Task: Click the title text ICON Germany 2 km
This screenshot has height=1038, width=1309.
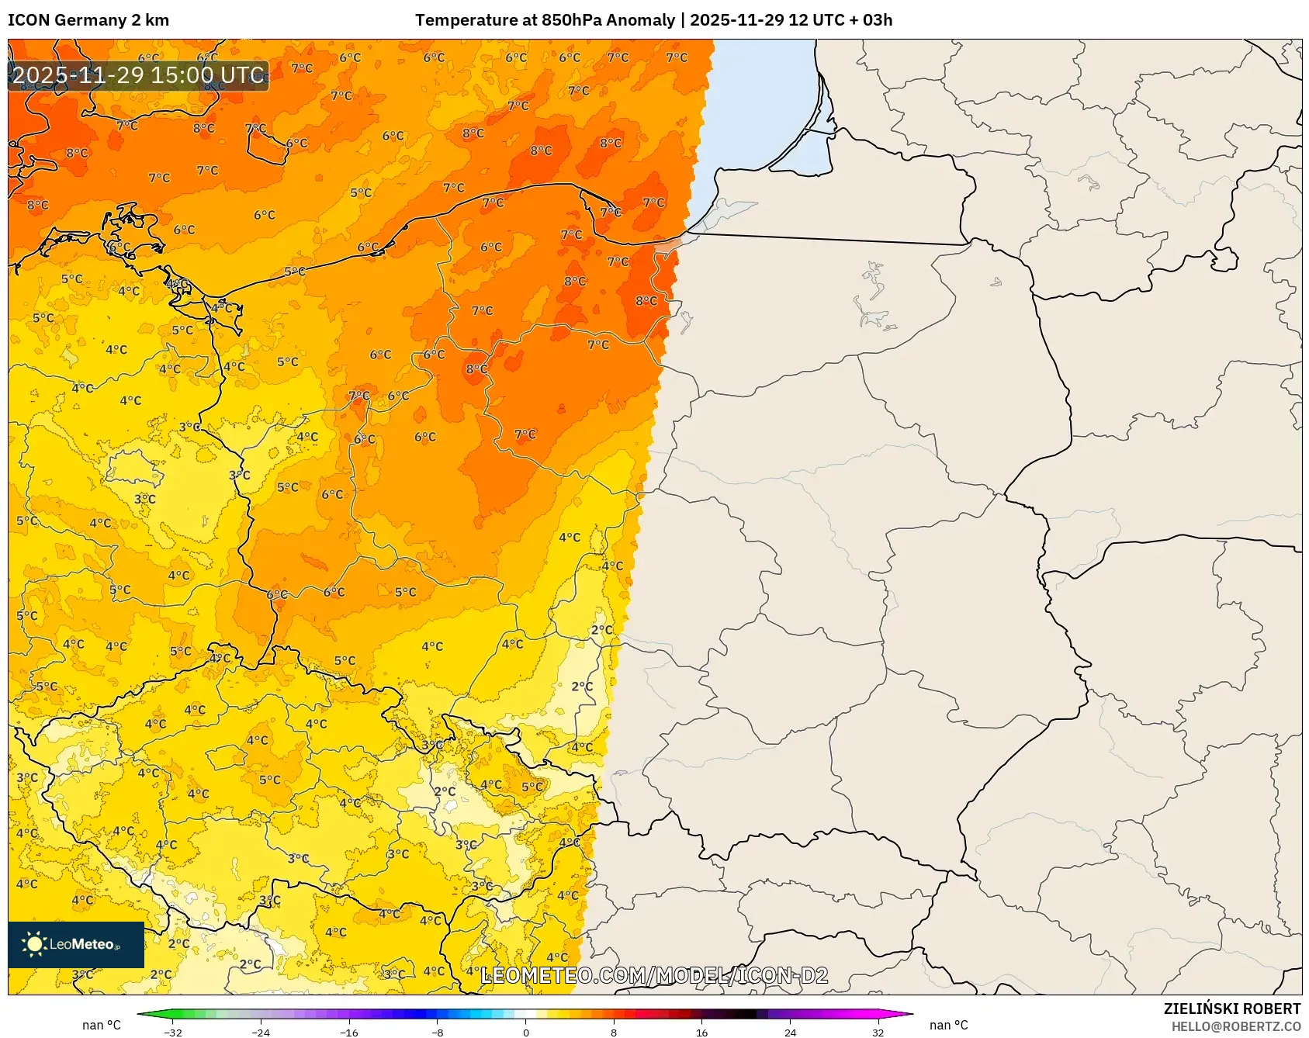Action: pyautogui.click(x=88, y=20)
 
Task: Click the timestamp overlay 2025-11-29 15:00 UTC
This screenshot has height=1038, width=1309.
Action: pyautogui.click(x=138, y=75)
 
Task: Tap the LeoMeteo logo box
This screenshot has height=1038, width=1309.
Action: pyautogui.click(x=76, y=944)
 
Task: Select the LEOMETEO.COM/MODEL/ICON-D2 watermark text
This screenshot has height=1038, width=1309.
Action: pyautogui.click(x=654, y=975)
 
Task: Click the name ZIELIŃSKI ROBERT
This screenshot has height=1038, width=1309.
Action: pyautogui.click(x=1231, y=1009)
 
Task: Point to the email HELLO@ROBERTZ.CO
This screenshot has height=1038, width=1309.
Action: pyautogui.click(x=1235, y=1026)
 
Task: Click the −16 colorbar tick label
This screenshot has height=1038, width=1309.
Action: pyautogui.click(x=349, y=1032)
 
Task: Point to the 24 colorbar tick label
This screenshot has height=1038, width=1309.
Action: pyautogui.click(x=790, y=1032)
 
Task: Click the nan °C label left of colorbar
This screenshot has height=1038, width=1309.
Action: pyautogui.click(x=102, y=1025)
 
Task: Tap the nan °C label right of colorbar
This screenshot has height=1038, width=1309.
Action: pyautogui.click(x=948, y=1025)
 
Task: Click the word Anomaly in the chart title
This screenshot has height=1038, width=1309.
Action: pyautogui.click(x=640, y=20)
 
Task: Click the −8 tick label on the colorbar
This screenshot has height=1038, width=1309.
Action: pyautogui.click(x=438, y=1032)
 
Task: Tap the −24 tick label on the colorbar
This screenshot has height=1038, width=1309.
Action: pyautogui.click(x=261, y=1032)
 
